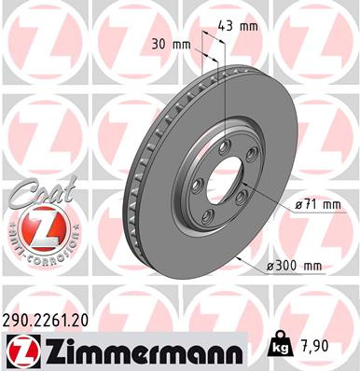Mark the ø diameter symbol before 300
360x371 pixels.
pyautogui.click(x=270, y=267)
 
